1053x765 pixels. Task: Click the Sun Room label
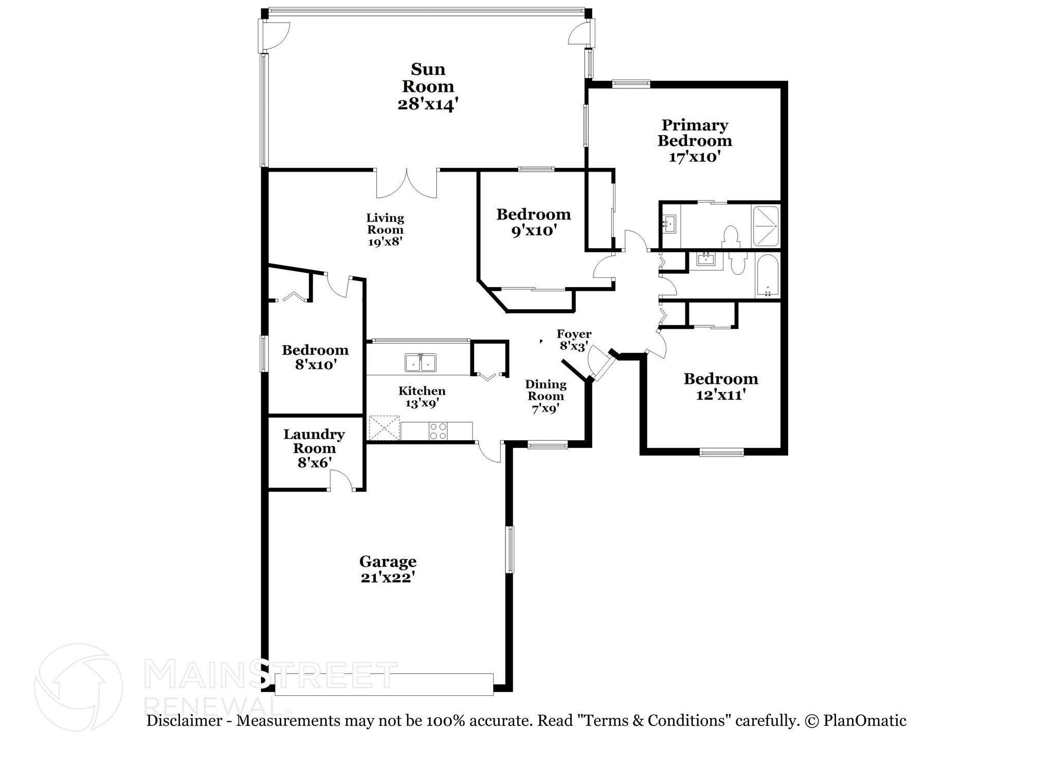pos(428,86)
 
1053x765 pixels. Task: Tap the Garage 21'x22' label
pos(388,569)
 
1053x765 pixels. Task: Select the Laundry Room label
pos(314,441)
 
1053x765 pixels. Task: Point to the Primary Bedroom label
pos(695,133)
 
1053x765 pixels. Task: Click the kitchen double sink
pos(420,362)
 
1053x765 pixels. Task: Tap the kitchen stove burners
pos(438,431)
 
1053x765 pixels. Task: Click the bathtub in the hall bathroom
pos(767,275)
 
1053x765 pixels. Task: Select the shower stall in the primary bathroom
pos(766,226)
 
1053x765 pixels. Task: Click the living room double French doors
pos(407,184)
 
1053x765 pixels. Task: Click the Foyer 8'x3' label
pos(574,340)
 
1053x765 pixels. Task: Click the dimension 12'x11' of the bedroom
pos(721,395)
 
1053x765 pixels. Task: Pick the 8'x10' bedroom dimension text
pos(315,365)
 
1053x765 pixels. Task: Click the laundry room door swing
pos(341,481)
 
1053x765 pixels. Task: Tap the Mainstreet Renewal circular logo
pos(78,687)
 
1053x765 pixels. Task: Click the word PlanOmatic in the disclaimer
pos(865,721)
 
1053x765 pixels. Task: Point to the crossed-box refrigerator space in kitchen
pos(384,428)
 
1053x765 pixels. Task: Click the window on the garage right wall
pos(510,549)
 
